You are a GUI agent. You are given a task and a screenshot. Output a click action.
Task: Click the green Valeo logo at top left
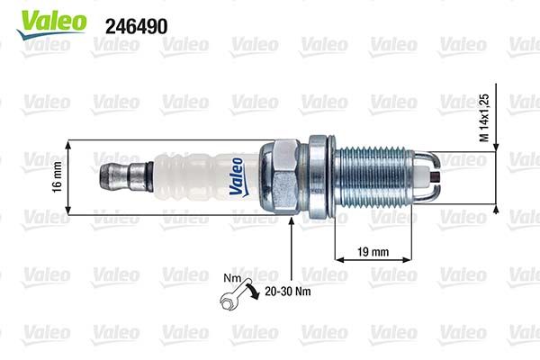click(x=51, y=23)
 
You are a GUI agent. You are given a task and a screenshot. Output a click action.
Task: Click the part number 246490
click(x=137, y=26)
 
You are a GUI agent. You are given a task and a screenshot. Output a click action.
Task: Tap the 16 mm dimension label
click(x=57, y=177)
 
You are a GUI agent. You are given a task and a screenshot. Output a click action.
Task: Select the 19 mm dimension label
click(x=373, y=252)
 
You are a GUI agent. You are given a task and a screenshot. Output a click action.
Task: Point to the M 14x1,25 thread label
click(x=484, y=118)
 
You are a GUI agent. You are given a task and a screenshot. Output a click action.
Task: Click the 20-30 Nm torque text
click(x=288, y=292)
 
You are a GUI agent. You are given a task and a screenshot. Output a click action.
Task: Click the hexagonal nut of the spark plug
click(x=279, y=177)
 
